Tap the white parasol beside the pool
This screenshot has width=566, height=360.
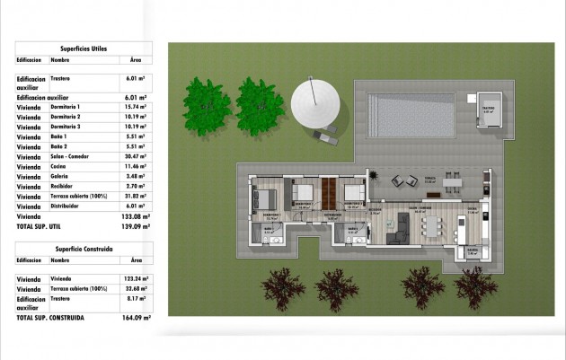[314, 105]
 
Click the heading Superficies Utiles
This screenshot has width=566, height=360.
[84, 48]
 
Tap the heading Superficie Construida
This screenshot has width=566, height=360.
[84, 249]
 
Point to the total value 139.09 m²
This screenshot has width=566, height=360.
[137, 228]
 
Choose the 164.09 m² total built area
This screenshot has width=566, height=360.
[137, 317]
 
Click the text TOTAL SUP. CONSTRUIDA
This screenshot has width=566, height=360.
[50, 317]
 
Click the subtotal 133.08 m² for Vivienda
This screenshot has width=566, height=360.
[137, 216]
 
